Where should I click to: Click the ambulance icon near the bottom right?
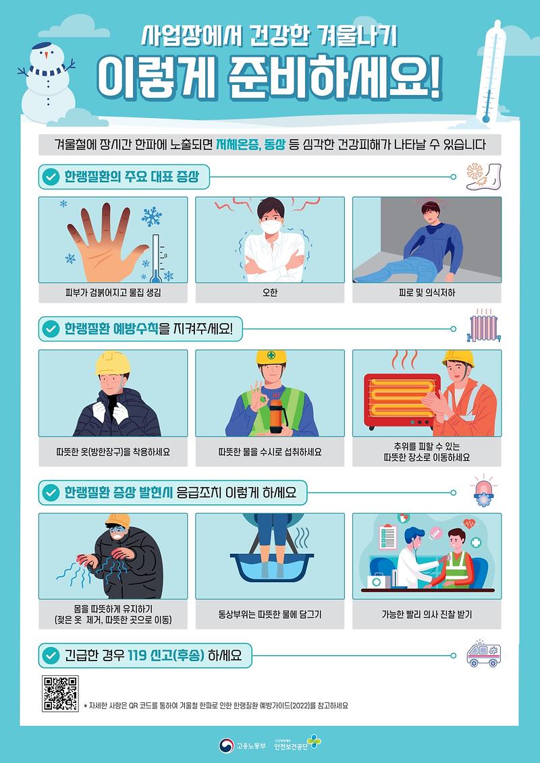[x=484, y=654]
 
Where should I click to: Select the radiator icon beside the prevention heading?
[x=483, y=327]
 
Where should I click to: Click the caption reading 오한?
[x=270, y=293]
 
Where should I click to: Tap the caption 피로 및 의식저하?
[x=427, y=293]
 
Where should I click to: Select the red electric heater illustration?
[x=398, y=400]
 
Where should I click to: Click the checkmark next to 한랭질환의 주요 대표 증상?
[x=51, y=177]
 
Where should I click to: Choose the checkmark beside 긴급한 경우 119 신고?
[x=51, y=655]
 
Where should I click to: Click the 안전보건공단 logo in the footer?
[x=298, y=745]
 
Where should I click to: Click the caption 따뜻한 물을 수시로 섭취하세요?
[x=270, y=451]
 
